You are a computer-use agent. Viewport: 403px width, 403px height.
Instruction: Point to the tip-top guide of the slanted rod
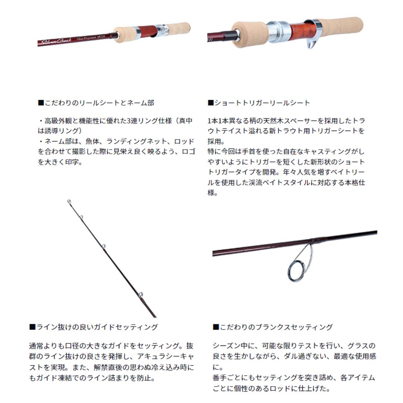click(x=69, y=201)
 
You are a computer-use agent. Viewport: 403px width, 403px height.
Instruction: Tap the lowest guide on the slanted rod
click(x=141, y=295)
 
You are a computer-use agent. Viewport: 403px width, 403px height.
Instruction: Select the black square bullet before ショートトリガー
click(x=211, y=103)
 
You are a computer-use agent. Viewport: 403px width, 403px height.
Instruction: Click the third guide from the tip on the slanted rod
click(x=104, y=246)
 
